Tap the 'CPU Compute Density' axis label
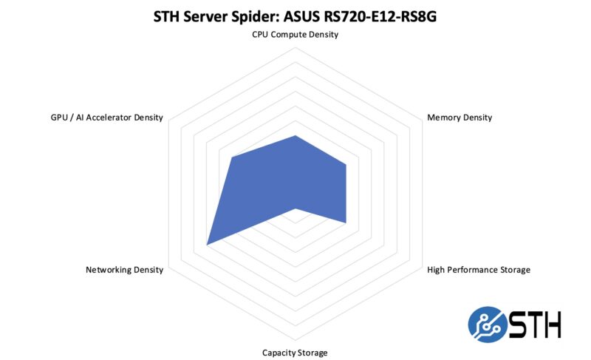pyautogui.click(x=295, y=35)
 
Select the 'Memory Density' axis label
pyautogui.click(x=460, y=118)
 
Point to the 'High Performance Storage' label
pyautogui.click(x=479, y=270)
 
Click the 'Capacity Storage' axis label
pyautogui.click(x=295, y=353)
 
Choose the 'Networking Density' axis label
pyautogui.click(x=124, y=270)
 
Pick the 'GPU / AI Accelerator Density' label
pyautogui.click(x=106, y=118)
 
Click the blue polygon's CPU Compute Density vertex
pyautogui.click(x=295, y=135)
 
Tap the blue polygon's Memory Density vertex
pyautogui.click(x=346, y=164)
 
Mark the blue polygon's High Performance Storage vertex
pyautogui.click(x=346, y=223)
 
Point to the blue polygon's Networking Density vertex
pyautogui.click(x=207, y=245)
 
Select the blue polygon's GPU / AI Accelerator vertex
pyautogui.click(x=232, y=157)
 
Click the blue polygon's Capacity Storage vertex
pyautogui.click(x=295, y=208)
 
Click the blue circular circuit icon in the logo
pyautogui.click(x=488, y=325)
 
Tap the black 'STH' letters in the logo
pyautogui.click(x=535, y=325)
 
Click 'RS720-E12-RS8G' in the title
pyautogui.click(x=380, y=16)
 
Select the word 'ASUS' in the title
pyautogui.click(x=301, y=16)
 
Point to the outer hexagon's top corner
pyautogui.click(x=295, y=47)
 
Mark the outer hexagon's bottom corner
pyautogui.click(x=295, y=340)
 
